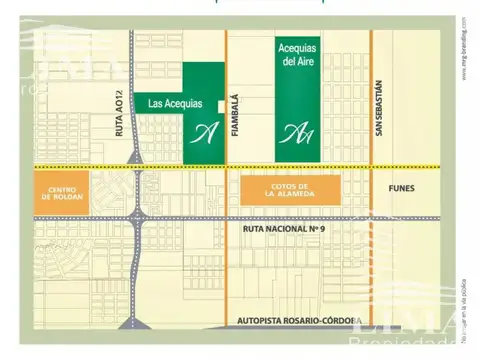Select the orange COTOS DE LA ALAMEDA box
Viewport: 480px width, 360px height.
click(290, 188)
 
